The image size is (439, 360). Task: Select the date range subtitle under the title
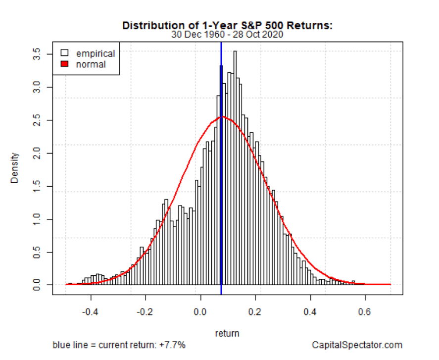[x=227, y=35]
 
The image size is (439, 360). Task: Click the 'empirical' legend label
[x=95, y=53]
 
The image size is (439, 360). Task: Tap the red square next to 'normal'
[x=64, y=64]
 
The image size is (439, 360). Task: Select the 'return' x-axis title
[x=227, y=333]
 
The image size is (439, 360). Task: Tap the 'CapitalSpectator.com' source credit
[x=357, y=345]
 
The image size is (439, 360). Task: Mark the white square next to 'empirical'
[x=64, y=53]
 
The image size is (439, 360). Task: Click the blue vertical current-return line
[x=221, y=198]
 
